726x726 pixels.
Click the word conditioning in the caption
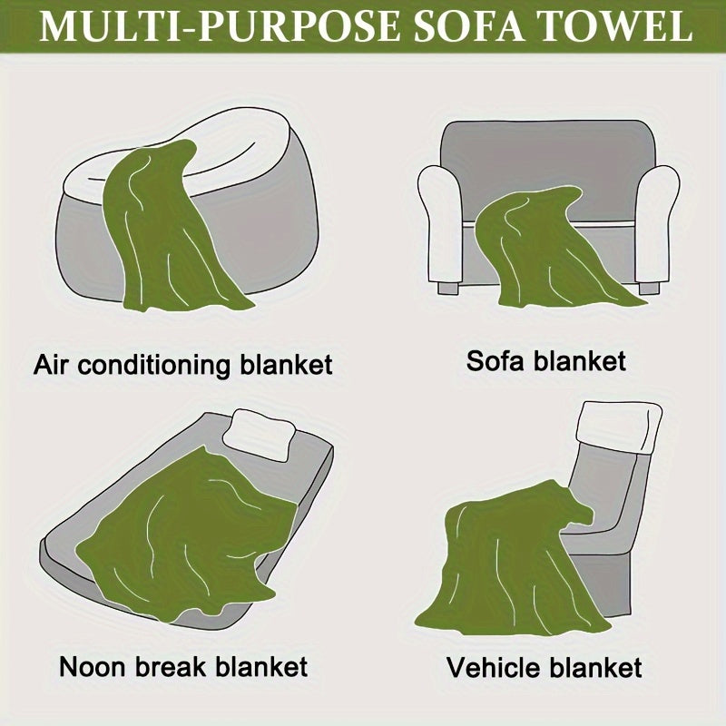pos(154,366)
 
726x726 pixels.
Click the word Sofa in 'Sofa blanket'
pos(495,360)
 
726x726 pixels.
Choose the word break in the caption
pos(171,667)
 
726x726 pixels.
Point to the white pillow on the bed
pos(260,436)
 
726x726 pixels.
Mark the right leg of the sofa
pos(649,288)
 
